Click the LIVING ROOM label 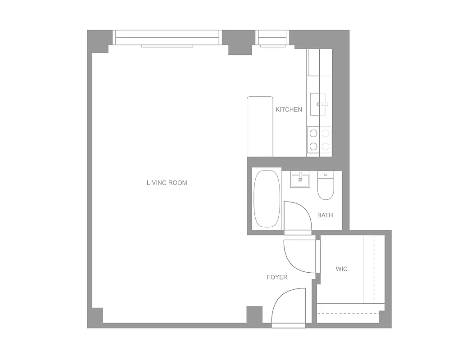(x=167, y=183)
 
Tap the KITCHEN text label (x=289, y=109)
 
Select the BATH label (x=325, y=215)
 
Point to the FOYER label (x=277, y=277)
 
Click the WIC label (x=342, y=269)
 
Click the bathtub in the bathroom (x=267, y=199)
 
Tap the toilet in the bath (x=326, y=186)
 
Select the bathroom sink (x=300, y=180)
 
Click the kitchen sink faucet (x=322, y=104)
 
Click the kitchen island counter (x=260, y=126)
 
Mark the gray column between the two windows (x=239, y=42)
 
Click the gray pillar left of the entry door (x=254, y=314)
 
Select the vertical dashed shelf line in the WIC (x=374, y=270)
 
